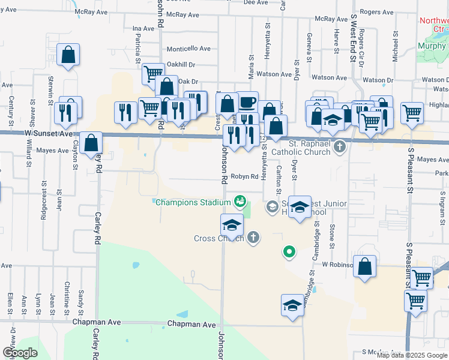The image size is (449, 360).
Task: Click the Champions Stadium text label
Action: click(193, 202)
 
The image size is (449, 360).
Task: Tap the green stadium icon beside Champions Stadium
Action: click(240, 200)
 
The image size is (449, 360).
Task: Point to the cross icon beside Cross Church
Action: click(253, 238)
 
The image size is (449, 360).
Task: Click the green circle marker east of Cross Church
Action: click(289, 252)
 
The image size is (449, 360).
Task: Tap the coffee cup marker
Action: click(247, 102)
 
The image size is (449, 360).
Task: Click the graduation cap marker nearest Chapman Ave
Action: click(292, 305)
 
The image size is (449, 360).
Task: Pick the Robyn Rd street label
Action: click(246, 177)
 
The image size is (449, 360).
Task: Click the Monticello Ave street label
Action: click(188, 49)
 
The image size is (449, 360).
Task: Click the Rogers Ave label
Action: click(376, 12)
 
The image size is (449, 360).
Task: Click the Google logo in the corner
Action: click(20, 353)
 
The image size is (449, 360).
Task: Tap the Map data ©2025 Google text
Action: click(411, 355)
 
